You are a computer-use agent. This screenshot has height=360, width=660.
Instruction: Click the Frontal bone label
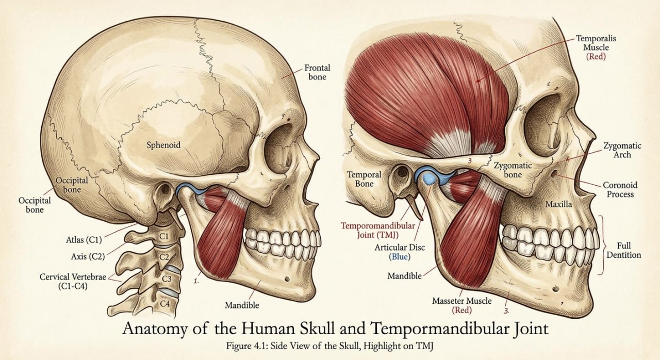pyautogui.click(x=317, y=73)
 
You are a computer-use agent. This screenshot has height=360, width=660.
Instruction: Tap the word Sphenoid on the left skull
pyautogui.click(x=163, y=145)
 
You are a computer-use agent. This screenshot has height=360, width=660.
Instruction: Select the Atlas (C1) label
pyautogui.click(x=84, y=240)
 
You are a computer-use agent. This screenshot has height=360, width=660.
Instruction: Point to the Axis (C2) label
pyautogui.click(x=88, y=257)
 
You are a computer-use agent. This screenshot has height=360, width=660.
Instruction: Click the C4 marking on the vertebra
pyautogui.click(x=165, y=303)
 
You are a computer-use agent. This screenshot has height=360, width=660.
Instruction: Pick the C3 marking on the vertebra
pyautogui.click(x=167, y=279)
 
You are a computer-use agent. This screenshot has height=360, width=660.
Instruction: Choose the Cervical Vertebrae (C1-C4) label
pyautogui.click(x=73, y=281)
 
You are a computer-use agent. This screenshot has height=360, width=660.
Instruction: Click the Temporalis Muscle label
pyautogui.click(x=596, y=47)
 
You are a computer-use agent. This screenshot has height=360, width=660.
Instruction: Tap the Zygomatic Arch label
pyautogui.click(x=622, y=150)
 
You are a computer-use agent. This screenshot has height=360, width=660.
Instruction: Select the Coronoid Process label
pyautogui.click(x=620, y=189)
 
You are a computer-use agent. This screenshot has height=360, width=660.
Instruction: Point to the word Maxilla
pyautogui.click(x=558, y=204)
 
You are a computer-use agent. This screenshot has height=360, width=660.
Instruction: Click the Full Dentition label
pyautogui.click(x=624, y=251)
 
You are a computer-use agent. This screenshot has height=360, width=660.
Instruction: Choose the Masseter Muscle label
pyautogui.click(x=461, y=305)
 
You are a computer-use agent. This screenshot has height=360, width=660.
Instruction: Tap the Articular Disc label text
pyautogui.click(x=400, y=252)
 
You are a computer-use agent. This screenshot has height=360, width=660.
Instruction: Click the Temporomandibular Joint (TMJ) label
pyautogui.click(x=378, y=231)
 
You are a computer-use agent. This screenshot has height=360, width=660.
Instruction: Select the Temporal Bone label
pyautogui.click(x=364, y=179)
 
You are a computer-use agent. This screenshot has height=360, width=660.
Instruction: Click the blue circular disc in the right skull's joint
pyautogui.click(x=428, y=178)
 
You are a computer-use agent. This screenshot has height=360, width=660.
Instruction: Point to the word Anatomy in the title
pyautogui.click(x=155, y=329)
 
